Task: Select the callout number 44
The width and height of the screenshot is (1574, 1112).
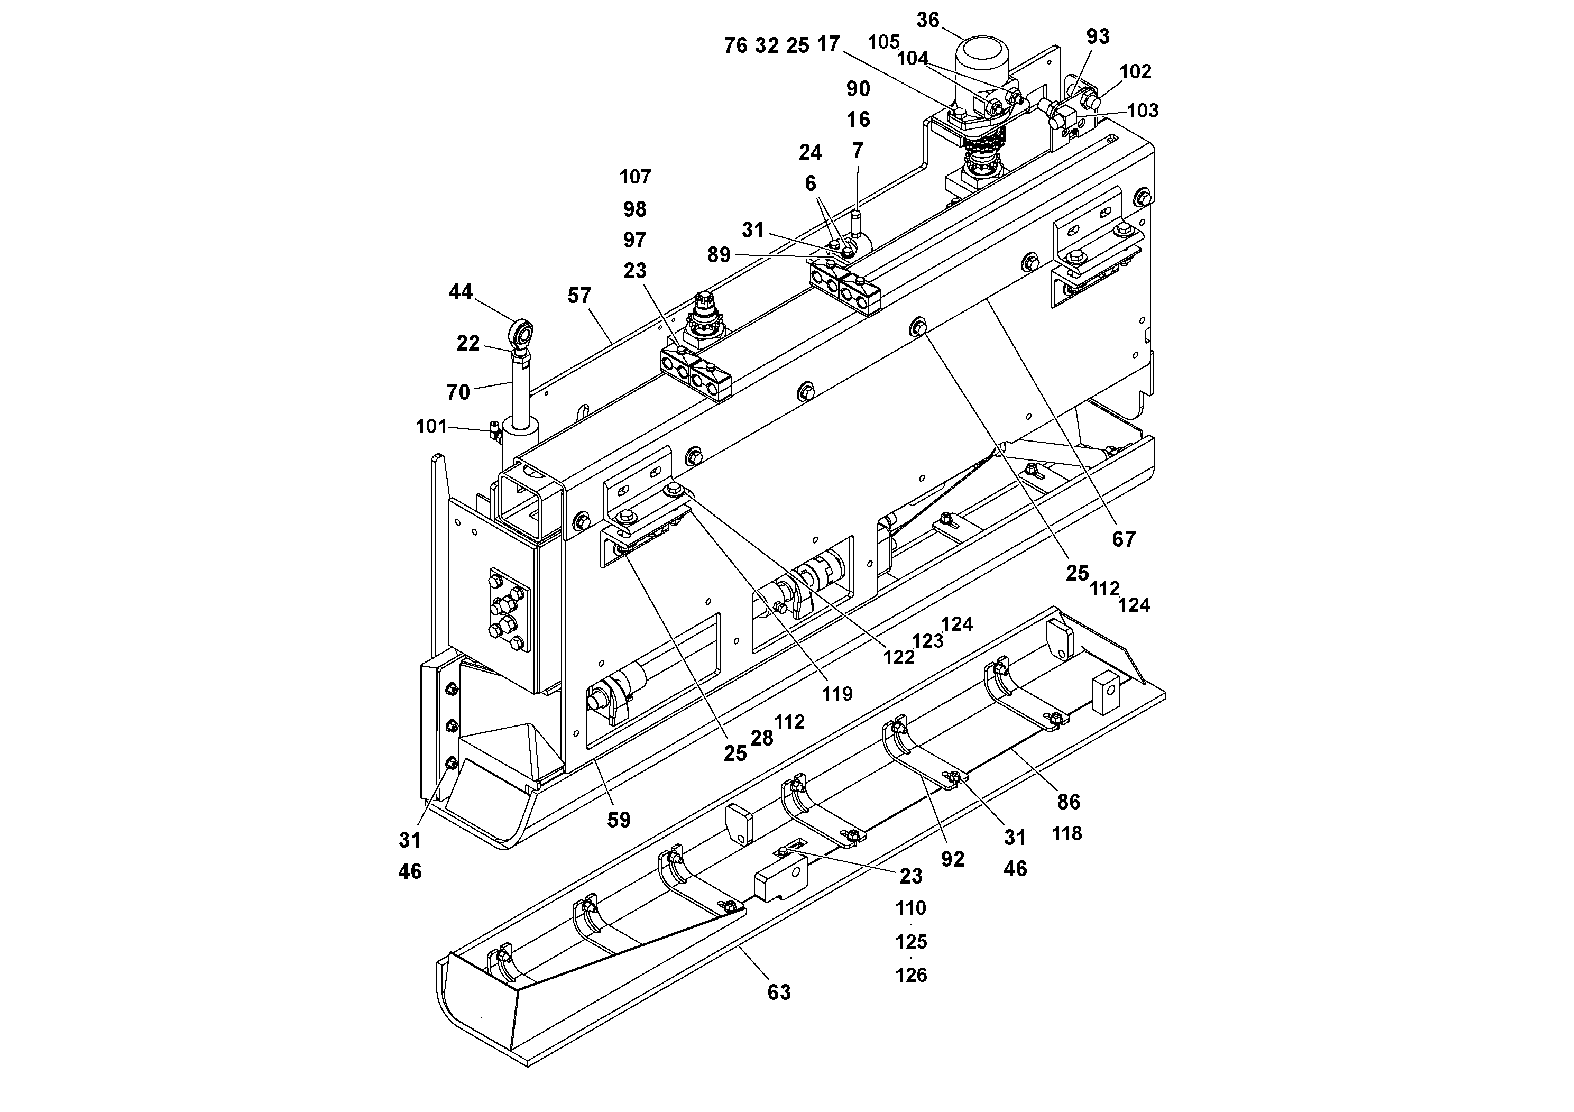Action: coord(461,291)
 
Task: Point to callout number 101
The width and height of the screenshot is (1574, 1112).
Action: coord(431,426)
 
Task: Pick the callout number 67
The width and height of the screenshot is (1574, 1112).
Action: coord(1124,539)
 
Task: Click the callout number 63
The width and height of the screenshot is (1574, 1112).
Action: coord(779,992)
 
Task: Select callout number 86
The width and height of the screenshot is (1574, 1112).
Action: coord(1069,802)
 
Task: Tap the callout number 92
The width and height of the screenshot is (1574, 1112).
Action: coord(952,859)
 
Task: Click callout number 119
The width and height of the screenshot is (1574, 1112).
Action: coord(837,694)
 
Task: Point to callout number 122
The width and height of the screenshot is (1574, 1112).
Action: coord(899,657)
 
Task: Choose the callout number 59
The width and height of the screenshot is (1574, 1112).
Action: coord(619,819)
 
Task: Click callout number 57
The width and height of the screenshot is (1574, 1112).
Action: coord(579,296)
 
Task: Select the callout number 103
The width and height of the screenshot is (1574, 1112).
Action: coord(1143,111)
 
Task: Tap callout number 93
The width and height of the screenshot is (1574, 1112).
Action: coord(1098,36)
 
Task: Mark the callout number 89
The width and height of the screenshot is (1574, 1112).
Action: coord(719,255)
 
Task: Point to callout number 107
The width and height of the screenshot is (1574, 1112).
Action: coord(635,177)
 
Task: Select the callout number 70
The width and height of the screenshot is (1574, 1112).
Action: coord(458,392)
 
